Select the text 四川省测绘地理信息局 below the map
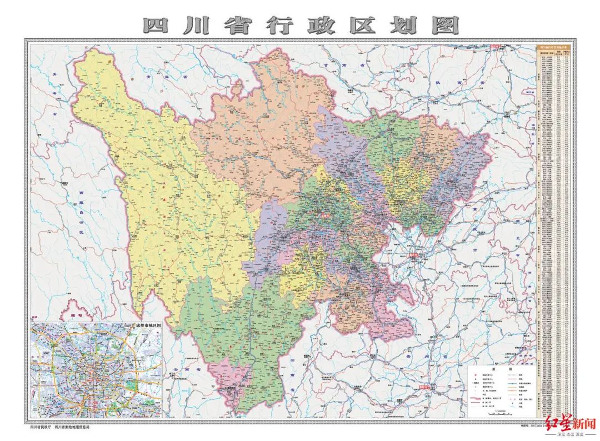click(x=72, y=427)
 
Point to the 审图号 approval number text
click(x=528, y=427)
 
